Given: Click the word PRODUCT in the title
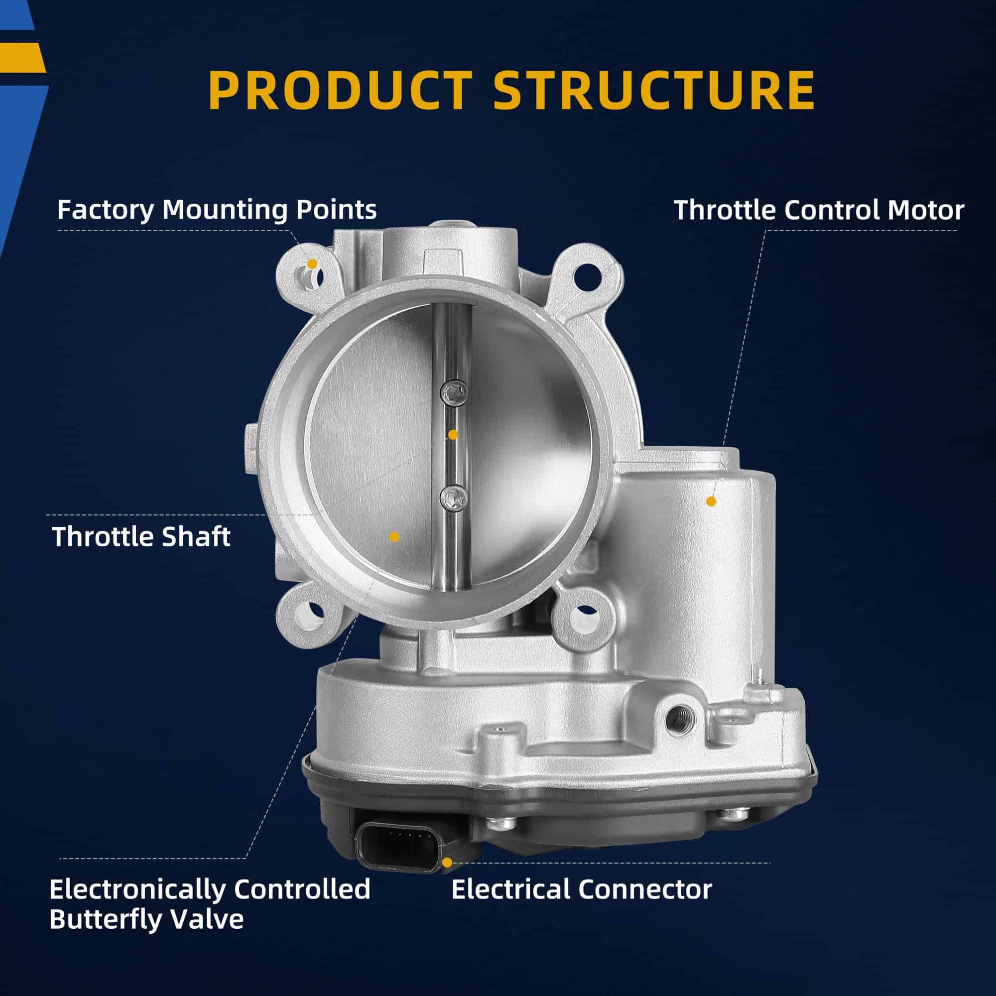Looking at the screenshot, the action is tap(340, 91).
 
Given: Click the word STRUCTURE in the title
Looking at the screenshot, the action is tap(654, 91).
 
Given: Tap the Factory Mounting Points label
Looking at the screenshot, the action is tap(217, 210).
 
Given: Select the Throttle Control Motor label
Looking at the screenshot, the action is tap(819, 210).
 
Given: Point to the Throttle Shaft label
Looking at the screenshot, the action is tap(141, 537).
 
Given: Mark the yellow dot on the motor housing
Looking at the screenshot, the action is tap(711, 501).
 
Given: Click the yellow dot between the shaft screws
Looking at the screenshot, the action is tap(453, 435).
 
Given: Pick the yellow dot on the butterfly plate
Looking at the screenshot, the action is tap(394, 537).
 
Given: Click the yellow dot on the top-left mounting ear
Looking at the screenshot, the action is tap(312, 264).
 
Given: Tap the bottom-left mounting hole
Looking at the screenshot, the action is tap(310, 616).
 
